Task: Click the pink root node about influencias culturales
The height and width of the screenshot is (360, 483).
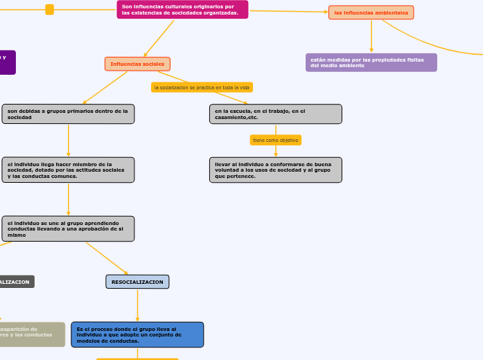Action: [182, 10]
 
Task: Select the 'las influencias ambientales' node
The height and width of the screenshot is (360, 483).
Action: [371, 12]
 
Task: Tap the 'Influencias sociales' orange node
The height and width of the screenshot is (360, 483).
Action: [137, 64]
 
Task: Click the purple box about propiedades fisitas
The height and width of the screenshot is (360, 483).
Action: [371, 62]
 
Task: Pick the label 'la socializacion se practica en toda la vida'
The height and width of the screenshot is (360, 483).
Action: [202, 87]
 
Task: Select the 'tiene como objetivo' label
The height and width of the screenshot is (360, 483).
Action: [275, 140]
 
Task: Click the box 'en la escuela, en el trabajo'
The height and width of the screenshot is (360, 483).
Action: [275, 114]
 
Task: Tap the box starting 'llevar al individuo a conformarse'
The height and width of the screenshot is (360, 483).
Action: [275, 170]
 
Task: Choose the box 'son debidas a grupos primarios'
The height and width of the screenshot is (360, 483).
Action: [68, 114]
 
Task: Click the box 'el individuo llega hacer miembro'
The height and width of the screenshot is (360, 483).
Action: [68, 170]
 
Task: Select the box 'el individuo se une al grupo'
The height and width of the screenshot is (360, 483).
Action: [68, 228]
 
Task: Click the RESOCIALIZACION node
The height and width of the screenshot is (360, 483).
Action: [137, 282]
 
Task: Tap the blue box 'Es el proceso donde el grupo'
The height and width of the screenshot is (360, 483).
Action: [137, 334]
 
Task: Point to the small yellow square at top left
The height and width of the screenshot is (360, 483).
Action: [49, 9]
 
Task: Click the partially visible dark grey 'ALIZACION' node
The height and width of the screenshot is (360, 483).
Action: [15, 282]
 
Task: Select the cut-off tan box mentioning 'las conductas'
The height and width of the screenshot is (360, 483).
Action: [31, 334]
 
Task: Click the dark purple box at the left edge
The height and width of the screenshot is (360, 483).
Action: [7, 62]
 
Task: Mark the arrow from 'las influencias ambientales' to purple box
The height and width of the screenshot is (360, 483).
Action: [371, 36]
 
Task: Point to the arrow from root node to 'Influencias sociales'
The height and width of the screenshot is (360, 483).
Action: [159, 38]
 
